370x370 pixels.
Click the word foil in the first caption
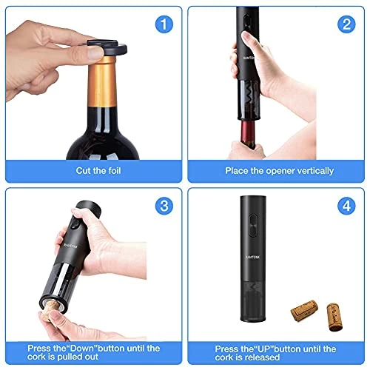pos(109,170)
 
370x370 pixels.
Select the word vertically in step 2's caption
pos(312,170)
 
